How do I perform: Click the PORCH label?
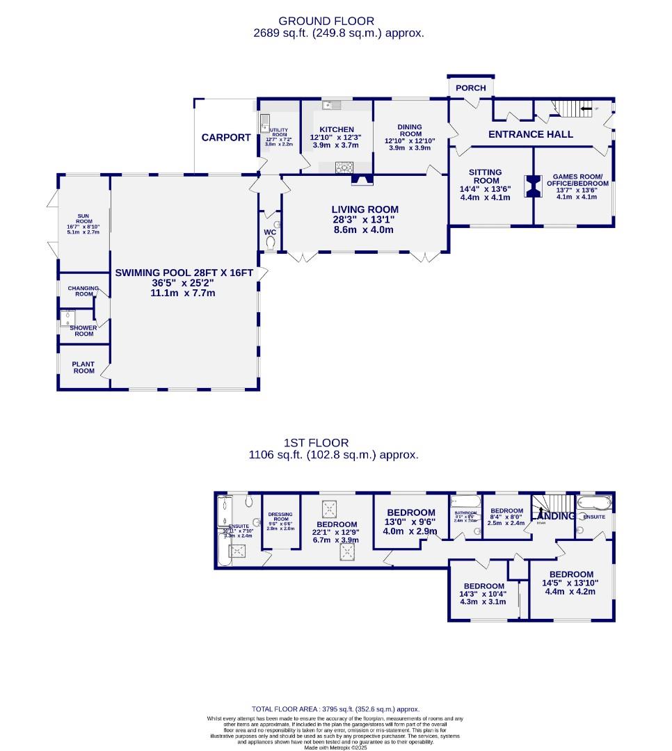point(471,88)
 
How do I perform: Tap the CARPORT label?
point(226,138)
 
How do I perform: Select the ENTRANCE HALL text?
point(530,134)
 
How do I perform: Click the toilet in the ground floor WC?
point(271,242)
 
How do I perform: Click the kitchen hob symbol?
point(344,166)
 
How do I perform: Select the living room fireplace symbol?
point(361,181)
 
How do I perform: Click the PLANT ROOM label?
point(83,366)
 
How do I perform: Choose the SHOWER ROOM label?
point(82,330)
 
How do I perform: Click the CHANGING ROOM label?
point(83,291)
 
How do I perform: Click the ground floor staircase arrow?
point(586,108)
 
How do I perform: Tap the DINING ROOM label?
point(410,130)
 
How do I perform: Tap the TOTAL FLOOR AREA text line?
point(335,709)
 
